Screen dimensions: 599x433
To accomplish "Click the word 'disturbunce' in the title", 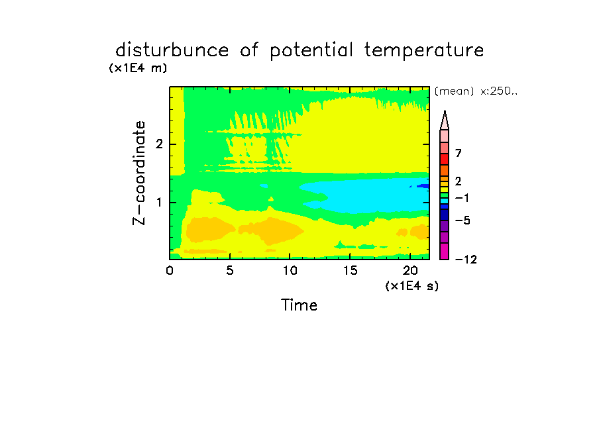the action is click(x=172, y=50).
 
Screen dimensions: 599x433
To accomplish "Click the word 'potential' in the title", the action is click(x=311, y=50).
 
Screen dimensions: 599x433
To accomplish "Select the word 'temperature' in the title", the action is click(x=424, y=50).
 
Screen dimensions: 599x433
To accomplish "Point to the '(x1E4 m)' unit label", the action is click(x=138, y=68).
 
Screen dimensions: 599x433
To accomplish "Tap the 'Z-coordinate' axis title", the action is click(x=138, y=173).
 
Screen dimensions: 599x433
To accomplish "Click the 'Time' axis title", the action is click(x=299, y=305).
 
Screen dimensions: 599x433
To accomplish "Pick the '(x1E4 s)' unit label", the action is click(x=412, y=285).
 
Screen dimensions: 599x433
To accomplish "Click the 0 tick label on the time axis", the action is click(x=170, y=270).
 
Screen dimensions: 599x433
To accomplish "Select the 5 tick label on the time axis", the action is click(x=229, y=270).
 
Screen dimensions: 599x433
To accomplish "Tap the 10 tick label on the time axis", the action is click(x=290, y=270).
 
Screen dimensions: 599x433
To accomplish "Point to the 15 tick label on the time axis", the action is click(x=350, y=270).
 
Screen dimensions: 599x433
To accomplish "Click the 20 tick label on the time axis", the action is click(x=410, y=270).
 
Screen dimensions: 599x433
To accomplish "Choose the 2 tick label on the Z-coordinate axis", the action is click(x=159, y=144).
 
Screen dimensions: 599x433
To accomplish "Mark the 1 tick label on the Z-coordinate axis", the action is click(x=159, y=203).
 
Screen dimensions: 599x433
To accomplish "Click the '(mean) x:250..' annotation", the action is click(x=476, y=91).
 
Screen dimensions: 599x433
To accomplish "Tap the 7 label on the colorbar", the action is click(x=459, y=153).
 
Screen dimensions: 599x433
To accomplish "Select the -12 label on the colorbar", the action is click(x=466, y=260).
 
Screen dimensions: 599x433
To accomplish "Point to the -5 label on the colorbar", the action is click(x=463, y=220).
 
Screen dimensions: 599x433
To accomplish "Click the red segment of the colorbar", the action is click(x=444, y=159).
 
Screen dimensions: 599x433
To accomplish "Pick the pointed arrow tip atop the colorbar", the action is click(x=445, y=111).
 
